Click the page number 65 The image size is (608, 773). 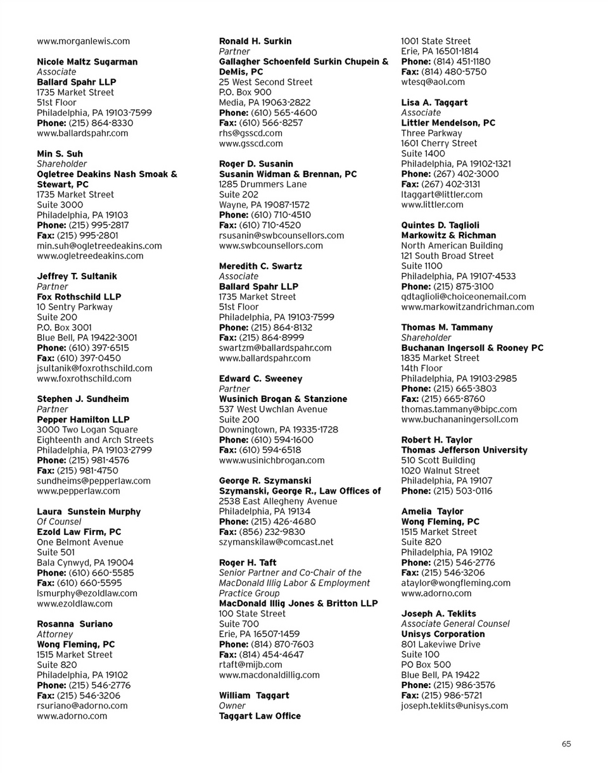(566, 744)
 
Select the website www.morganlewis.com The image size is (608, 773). (84, 41)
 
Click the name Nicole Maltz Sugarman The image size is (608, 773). (87, 61)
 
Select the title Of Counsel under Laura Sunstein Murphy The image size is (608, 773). (58, 522)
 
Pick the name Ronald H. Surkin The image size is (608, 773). (255, 41)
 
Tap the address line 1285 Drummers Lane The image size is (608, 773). (263, 184)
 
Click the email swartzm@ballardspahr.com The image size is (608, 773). (275, 348)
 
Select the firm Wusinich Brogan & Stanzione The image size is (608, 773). (282, 399)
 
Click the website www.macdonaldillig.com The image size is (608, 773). (269, 675)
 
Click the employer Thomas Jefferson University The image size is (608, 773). (464, 449)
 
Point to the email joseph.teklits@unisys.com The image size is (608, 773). (455, 705)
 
